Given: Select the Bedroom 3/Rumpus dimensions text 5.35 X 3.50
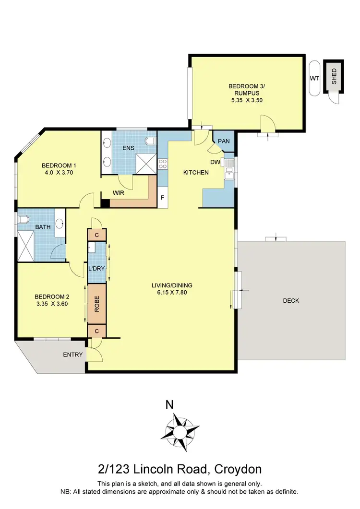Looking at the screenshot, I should coord(246,101).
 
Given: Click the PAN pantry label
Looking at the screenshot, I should coord(224,141).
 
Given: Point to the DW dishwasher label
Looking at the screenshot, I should coord(215,162).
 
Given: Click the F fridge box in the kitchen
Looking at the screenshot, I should coord(163,198).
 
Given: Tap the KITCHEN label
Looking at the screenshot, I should coord(197,172).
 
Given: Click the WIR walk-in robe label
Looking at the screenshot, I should coord(120,192).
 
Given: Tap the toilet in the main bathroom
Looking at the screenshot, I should coord(24,220).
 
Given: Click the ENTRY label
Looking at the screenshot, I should coord(73,355).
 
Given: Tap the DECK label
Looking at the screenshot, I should coord(291,301).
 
